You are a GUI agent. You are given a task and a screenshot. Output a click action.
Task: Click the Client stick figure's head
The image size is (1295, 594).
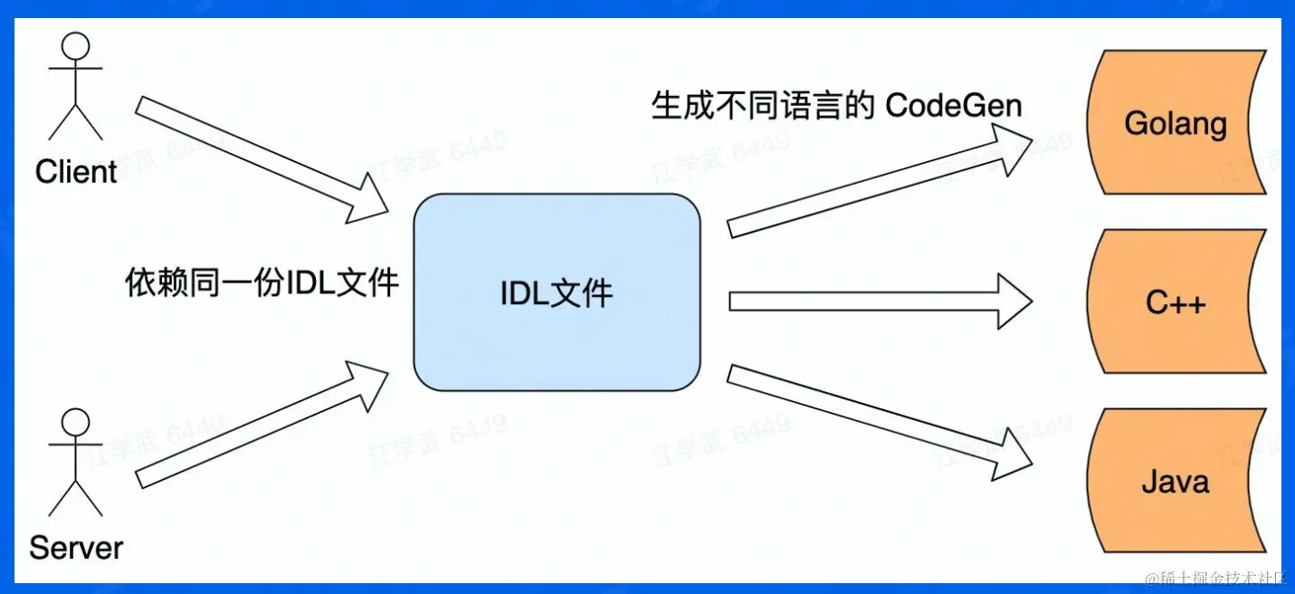pyautogui.click(x=75, y=46)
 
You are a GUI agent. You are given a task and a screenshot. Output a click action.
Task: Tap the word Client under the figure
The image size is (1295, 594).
pyautogui.click(x=76, y=171)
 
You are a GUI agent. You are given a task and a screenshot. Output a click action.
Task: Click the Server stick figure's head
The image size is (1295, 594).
pyautogui.click(x=75, y=422)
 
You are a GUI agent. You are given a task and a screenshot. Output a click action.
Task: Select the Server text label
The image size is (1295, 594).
pyautogui.click(x=76, y=547)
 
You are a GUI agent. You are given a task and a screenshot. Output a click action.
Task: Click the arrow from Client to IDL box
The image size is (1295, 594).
pyautogui.click(x=262, y=159)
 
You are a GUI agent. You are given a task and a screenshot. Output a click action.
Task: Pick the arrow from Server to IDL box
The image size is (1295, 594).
pyautogui.click(x=262, y=425)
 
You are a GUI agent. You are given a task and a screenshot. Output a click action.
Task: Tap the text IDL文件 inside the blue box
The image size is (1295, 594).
pyautogui.click(x=557, y=292)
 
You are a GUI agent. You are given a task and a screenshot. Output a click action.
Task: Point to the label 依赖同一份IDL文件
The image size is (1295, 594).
pyautogui.click(x=262, y=283)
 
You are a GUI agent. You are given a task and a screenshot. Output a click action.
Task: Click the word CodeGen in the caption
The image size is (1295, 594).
pyautogui.click(x=953, y=106)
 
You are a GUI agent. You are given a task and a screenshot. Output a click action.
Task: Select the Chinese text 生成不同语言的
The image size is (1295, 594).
pyautogui.click(x=763, y=106)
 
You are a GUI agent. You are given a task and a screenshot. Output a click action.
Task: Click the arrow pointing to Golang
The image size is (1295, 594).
pyautogui.click(x=878, y=181)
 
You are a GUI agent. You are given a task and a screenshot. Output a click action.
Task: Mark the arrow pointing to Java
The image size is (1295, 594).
pyautogui.click(x=878, y=422)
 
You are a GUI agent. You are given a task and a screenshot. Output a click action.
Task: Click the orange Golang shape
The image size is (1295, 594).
pyautogui.click(x=1176, y=124)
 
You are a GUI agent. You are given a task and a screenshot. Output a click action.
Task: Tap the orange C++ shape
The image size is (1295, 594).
pyautogui.click(x=1176, y=302)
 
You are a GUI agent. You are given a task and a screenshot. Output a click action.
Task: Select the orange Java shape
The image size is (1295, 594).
pyautogui.click(x=1176, y=480)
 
